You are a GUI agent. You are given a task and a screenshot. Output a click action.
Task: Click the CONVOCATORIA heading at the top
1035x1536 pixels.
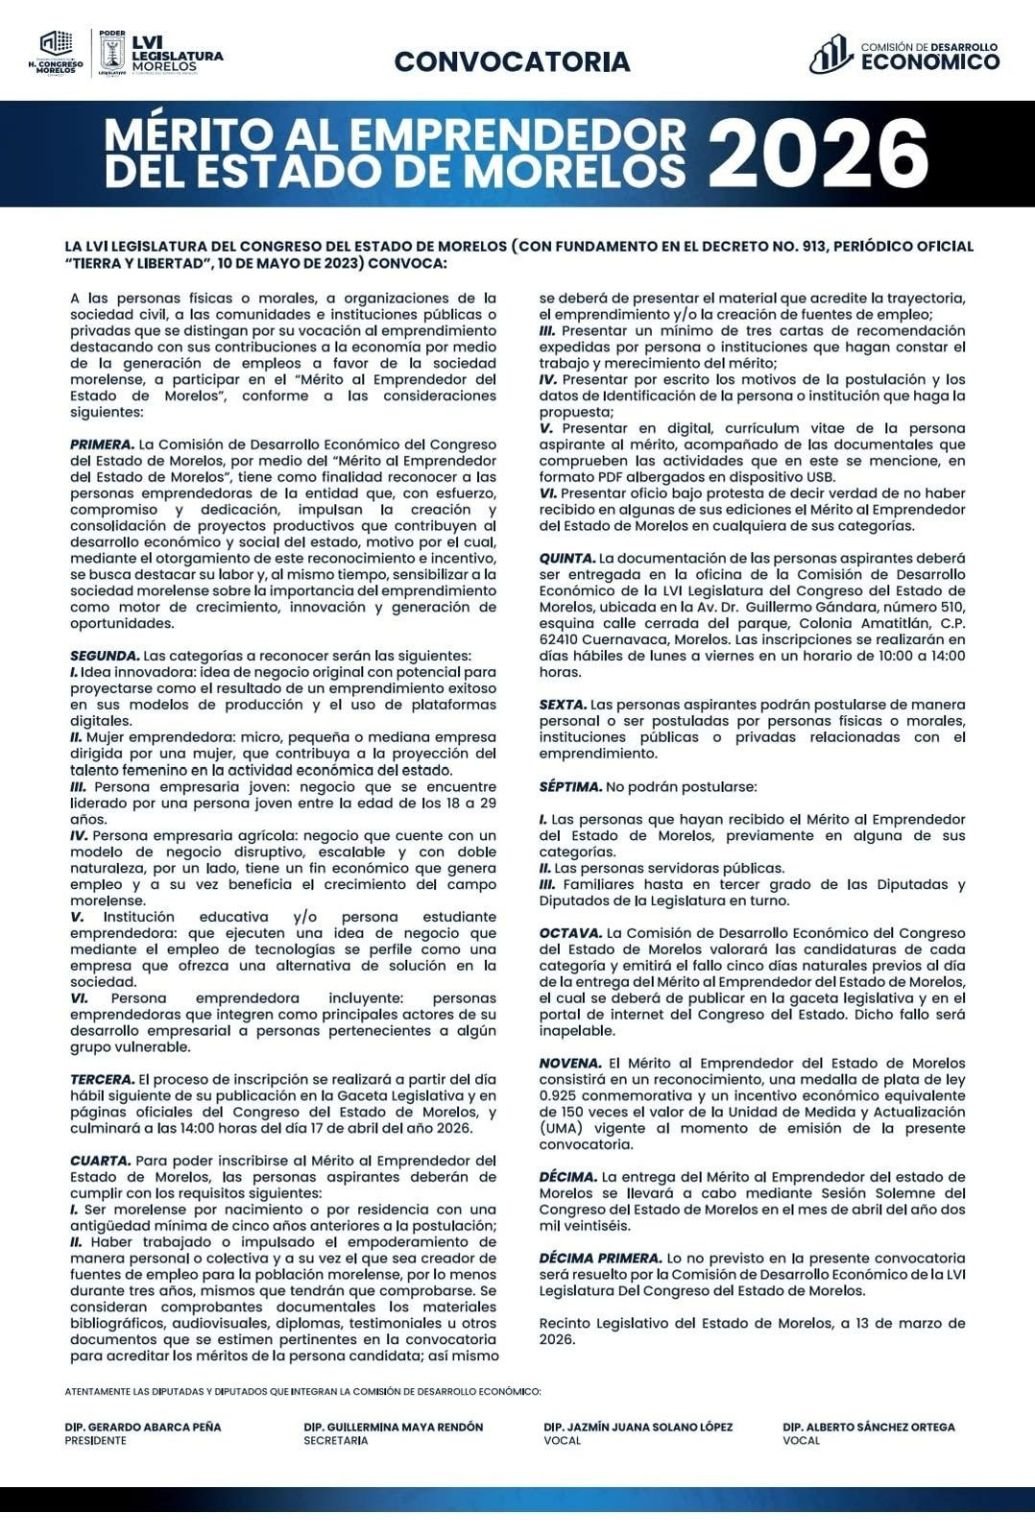(x=512, y=61)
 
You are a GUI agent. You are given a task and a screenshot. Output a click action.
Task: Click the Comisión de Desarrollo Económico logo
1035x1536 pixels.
(x=904, y=55)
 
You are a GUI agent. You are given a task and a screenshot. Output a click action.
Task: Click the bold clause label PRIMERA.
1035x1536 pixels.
(x=102, y=443)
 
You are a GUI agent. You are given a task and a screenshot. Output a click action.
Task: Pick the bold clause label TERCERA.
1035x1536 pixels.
(x=102, y=1080)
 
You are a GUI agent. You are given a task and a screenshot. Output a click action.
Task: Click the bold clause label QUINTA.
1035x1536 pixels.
(x=567, y=558)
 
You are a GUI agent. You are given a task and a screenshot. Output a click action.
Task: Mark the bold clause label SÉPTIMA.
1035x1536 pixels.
(x=571, y=787)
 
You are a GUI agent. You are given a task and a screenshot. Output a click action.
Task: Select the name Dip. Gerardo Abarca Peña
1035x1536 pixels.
(x=143, y=1427)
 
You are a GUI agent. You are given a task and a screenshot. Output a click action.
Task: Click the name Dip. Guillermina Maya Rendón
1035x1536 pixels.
(x=393, y=1427)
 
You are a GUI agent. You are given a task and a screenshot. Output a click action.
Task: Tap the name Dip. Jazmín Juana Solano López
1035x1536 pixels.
(x=638, y=1427)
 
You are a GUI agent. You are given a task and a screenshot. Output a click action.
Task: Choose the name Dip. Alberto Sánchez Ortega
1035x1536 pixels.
(x=869, y=1427)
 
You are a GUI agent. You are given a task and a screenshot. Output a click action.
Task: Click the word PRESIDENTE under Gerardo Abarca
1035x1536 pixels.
(x=96, y=1441)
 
